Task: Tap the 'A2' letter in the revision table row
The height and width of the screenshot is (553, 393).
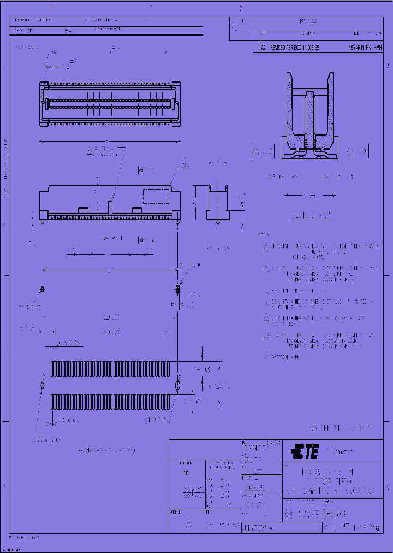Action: (263, 48)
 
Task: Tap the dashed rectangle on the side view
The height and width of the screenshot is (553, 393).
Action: (156, 197)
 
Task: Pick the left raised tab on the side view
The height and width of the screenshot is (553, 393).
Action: (83, 209)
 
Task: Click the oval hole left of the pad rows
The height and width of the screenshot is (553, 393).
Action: (43, 386)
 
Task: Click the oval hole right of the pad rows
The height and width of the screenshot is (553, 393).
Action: (177, 386)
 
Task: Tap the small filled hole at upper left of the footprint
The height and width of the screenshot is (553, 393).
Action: (43, 289)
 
